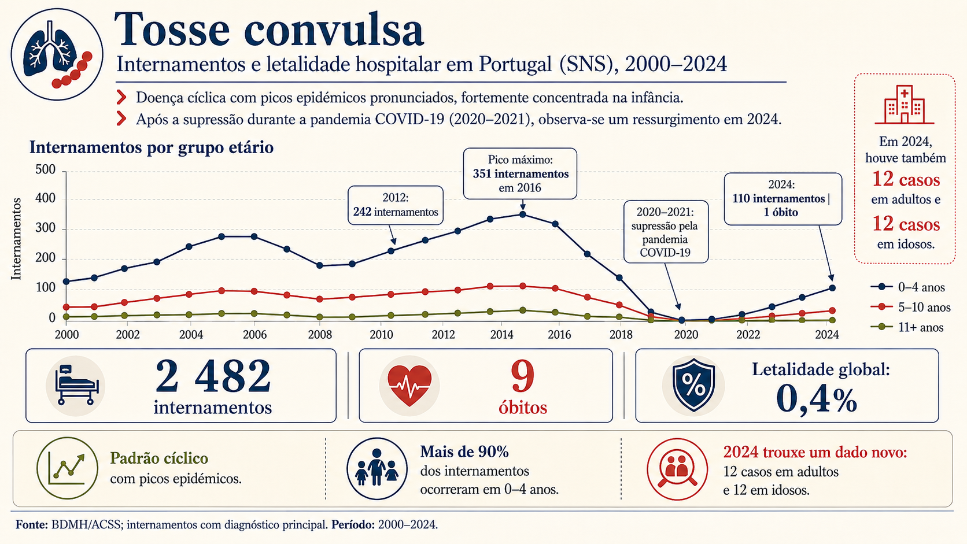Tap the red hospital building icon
pos(905,105)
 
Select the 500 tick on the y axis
pos(46,169)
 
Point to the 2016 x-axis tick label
pos(559,334)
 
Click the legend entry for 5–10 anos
pos(911,307)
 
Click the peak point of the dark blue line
pos(523,214)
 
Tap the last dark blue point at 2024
pos(832,288)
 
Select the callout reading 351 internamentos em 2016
pos(520,174)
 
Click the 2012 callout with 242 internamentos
pos(396,205)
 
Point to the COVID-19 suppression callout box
pos(666,232)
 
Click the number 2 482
pos(213,376)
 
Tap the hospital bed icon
pos(76,385)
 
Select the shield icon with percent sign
pos(693,384)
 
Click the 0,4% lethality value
pos(817,399)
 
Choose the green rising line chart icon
pos(67,468)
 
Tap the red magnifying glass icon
pos(677,469)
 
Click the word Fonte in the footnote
pos(31,524)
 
